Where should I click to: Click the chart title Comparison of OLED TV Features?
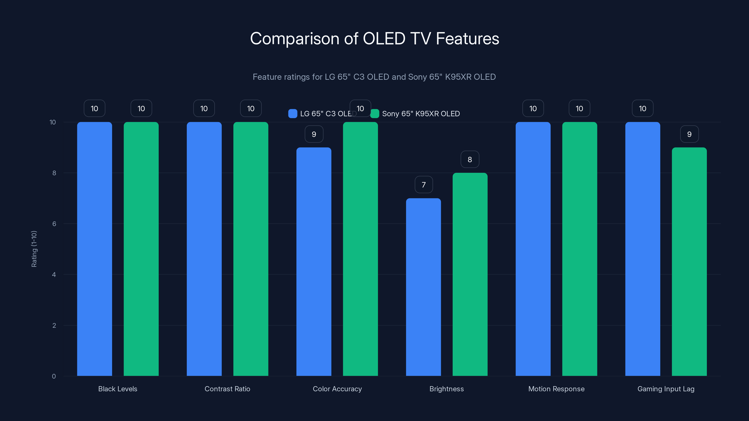[x=374, y=39]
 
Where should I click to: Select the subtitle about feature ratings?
[x=374, y=77]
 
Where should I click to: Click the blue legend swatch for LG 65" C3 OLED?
[x=293, y=114]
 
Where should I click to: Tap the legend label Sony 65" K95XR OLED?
[x=421, y=114]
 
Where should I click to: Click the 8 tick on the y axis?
[x=54, y=173]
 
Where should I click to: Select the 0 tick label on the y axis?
[x=54, y=376]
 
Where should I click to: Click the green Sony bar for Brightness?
[x=470, y=274]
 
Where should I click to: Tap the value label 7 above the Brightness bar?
[x=424, y=185]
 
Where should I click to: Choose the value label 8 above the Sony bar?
[x=470, y=160]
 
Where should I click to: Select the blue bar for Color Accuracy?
[x=314, y=261]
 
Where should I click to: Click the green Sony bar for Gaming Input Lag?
[x=689, y=261]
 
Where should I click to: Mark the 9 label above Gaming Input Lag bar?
[x=689, y=134]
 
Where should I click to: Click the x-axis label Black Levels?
[x=118, y=389]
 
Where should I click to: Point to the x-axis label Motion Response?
[x=556, y=389]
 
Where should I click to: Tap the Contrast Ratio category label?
[x=227, y=389]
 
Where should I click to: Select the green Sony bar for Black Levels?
[x=141, y=249]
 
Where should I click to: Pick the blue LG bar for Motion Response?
[x=533, y=249]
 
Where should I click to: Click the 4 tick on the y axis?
[x=54, y=275]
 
